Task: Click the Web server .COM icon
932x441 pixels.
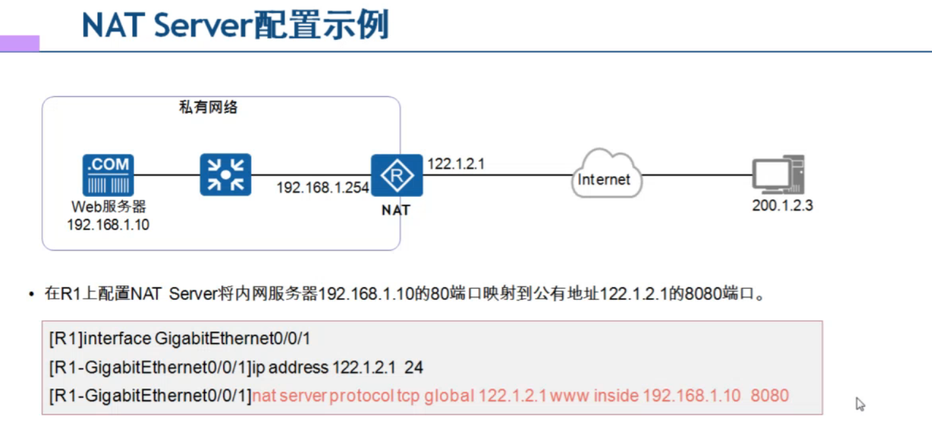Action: (x=108, y=175)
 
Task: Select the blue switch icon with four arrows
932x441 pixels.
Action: (x=225, y=175)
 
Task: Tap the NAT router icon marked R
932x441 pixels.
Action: (x=397, y=175)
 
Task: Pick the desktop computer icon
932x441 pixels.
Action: (x=778, y=175)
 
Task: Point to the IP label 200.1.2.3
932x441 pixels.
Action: (x=782, y=206)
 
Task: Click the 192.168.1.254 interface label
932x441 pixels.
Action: (x=322, y=188)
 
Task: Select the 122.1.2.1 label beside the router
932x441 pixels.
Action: (x=456, y=164)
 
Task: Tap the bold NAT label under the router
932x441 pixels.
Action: (x=396, y=210)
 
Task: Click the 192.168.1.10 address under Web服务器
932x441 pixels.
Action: (x=108, y=225)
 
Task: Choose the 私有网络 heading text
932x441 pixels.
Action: (x=208, y=108)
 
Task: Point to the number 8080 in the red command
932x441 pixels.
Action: (x=770, y=396)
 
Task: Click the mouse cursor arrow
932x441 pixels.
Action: (x=860, y=404)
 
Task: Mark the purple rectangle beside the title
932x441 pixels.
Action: (x=20, y=43)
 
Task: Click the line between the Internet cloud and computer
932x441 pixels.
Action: (x=696, y=175)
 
